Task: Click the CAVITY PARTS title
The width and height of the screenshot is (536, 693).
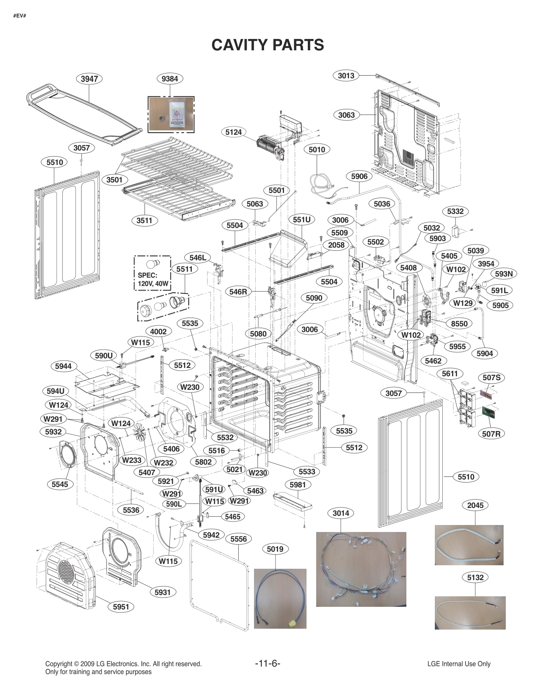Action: click(268, 45)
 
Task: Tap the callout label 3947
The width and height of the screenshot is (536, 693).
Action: click(89, 79)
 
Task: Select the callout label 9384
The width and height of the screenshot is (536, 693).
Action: click(170, 79)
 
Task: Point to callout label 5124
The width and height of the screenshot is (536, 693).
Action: click(233, 132)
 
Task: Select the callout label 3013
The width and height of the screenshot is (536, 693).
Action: click(346, 75)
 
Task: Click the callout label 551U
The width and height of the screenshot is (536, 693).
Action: click(302, 220)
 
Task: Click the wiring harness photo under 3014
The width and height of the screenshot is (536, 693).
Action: click(361, 569)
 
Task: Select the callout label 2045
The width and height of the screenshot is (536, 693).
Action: click(475, 505)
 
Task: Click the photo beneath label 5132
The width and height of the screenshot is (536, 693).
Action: click(470, 612)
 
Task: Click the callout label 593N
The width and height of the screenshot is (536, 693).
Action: click(504, 274)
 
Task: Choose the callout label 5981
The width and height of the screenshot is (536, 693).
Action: click(298, 485)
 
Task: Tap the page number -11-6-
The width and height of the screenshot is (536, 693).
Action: click(268, 663)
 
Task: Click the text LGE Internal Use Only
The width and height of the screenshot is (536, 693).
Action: click(458, 664)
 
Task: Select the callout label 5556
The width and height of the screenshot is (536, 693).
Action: click(239, 539)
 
